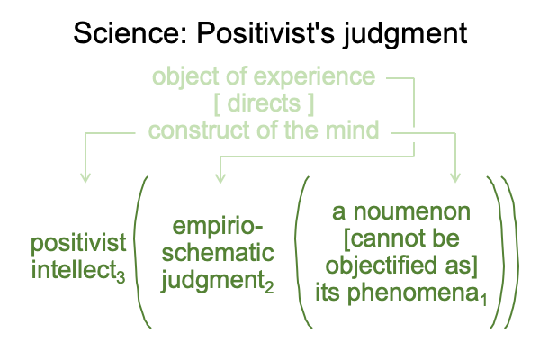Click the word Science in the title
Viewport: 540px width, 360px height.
(x=130, y=32)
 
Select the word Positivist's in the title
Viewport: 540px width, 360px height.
(x=265, y=32)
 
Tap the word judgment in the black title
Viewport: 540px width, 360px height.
(x=405, y=35)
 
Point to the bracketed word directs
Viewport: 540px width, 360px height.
(x=264, y=103)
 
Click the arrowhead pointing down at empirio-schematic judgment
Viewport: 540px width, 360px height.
(x=220, y=178)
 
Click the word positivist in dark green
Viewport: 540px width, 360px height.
(x=78, y=244)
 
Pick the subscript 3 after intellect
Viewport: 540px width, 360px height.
(x=121, y=277)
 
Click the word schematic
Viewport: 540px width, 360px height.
(x=218, y=253)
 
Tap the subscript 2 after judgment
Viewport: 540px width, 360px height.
(x=269, y=287)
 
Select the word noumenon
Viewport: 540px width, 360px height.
(x=412, y=212)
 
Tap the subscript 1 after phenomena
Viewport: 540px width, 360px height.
(x=484, y=300)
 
